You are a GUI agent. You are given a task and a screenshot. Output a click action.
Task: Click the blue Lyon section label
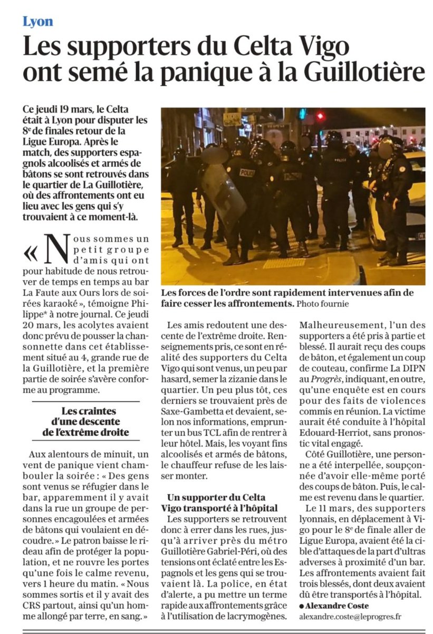tap(37, 21)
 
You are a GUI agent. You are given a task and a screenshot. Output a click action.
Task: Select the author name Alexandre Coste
tap(338, 605)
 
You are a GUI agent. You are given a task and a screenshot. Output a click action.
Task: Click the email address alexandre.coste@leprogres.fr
tap(351, 616)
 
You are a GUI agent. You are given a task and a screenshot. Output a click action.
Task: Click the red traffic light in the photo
tap(320, 116)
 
